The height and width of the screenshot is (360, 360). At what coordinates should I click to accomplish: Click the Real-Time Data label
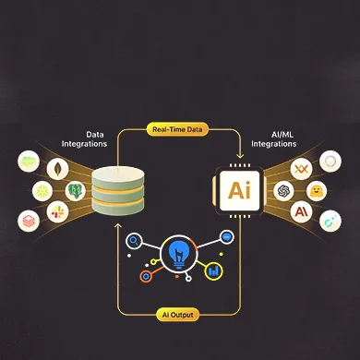pyautogui.click(x=180, y=129)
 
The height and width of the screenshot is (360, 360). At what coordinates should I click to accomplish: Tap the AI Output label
pyautogui.click(x=180, y=315)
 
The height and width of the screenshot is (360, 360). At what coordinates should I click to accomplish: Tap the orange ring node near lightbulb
pyautogui.click(x=144, y=274)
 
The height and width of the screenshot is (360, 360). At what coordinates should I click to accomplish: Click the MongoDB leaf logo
pyautogui.click(x=60, y=169)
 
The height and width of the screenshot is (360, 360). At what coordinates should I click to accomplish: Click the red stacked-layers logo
pyautogui.click(x=30, y=220)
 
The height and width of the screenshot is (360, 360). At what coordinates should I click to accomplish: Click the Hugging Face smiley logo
pyautogui.click(x=316, y=192)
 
